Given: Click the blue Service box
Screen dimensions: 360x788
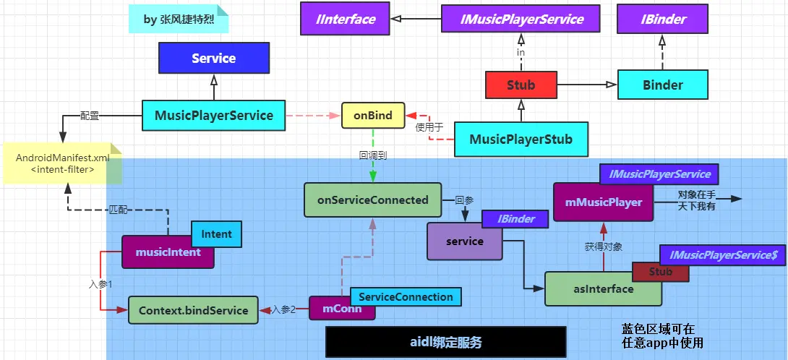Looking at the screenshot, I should coord(214,58).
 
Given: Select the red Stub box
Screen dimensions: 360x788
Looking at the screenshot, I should coord(521,85).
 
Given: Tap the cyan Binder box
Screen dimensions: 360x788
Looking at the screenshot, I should coord(662,85).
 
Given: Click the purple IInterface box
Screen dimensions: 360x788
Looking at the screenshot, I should coord(346,19).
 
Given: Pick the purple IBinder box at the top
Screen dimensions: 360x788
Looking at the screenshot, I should coord(661,19).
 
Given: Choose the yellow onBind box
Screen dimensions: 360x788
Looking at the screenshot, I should coord(373,116).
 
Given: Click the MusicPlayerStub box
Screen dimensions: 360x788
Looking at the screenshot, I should coord(521,139).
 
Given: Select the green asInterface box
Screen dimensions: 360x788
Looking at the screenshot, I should coord(603,289).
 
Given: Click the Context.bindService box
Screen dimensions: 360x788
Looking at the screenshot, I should coord(193,310).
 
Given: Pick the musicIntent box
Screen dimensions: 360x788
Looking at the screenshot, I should coord(168,253).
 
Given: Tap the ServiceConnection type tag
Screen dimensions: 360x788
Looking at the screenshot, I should coord(406,296).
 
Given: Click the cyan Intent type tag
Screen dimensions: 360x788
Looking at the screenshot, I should coord(216,233).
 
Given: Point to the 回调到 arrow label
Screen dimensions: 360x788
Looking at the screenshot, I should coord(373,155).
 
